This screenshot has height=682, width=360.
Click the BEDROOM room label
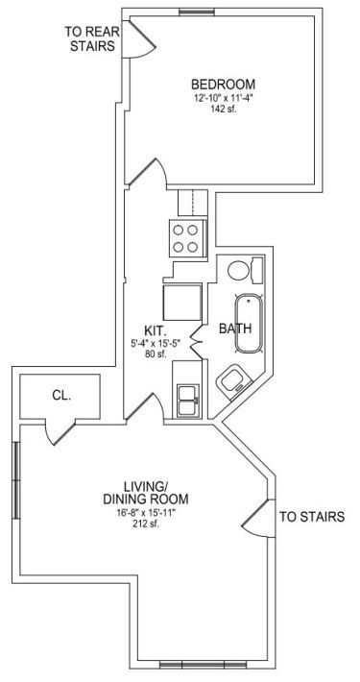pos(223,84)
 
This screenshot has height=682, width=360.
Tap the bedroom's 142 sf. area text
pos(224,110)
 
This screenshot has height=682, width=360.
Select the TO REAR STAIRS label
pos(92,38)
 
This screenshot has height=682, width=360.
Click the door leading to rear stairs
pos(139,39)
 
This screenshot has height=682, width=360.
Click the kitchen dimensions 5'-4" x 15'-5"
pos(156,344)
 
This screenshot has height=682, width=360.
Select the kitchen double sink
pos(189,401)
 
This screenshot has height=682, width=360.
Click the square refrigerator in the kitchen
pos(182,303)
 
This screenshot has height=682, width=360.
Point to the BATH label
pos(235,329)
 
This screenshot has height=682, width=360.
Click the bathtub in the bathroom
pos(249,323)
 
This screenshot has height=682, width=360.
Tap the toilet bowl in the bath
pos(238,271)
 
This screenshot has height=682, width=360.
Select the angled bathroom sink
pos(233,382)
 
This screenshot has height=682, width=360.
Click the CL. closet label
pos(61,396)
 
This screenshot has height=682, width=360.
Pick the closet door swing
pos(60,433)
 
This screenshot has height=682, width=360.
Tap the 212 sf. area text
pos(146,524)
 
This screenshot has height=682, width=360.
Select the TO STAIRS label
pos(312,517)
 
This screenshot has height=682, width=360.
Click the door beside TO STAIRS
pos(258,518)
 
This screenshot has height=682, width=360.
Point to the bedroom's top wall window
pos(195,12)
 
